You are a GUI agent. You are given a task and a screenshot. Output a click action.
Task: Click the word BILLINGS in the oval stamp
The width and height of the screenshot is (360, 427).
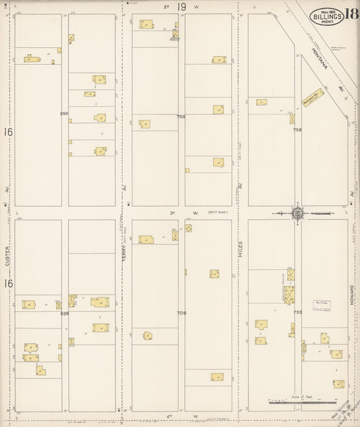coord(327,17)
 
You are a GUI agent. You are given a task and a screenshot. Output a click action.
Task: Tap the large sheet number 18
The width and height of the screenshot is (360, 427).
coord(351,14)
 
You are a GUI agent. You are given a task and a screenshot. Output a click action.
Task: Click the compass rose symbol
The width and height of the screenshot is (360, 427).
coord(297,214)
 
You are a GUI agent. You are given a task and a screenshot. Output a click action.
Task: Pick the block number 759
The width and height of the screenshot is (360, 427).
coord(297,130)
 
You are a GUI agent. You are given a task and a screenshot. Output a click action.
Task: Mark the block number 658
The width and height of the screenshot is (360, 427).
coord(65,313)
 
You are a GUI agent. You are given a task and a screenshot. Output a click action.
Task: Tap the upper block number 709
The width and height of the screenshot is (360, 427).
coord(181,116)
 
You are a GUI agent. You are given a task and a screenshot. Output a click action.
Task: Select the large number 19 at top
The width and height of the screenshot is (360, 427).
coord(182,7)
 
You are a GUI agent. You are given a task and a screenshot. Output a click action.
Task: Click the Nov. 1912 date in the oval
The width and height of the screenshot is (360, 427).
coord(326,11)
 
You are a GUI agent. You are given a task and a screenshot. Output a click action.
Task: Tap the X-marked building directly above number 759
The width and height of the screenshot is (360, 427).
coord(292,118)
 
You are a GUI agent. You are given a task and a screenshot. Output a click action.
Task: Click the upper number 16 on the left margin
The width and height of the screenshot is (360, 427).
coord(8,132)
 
